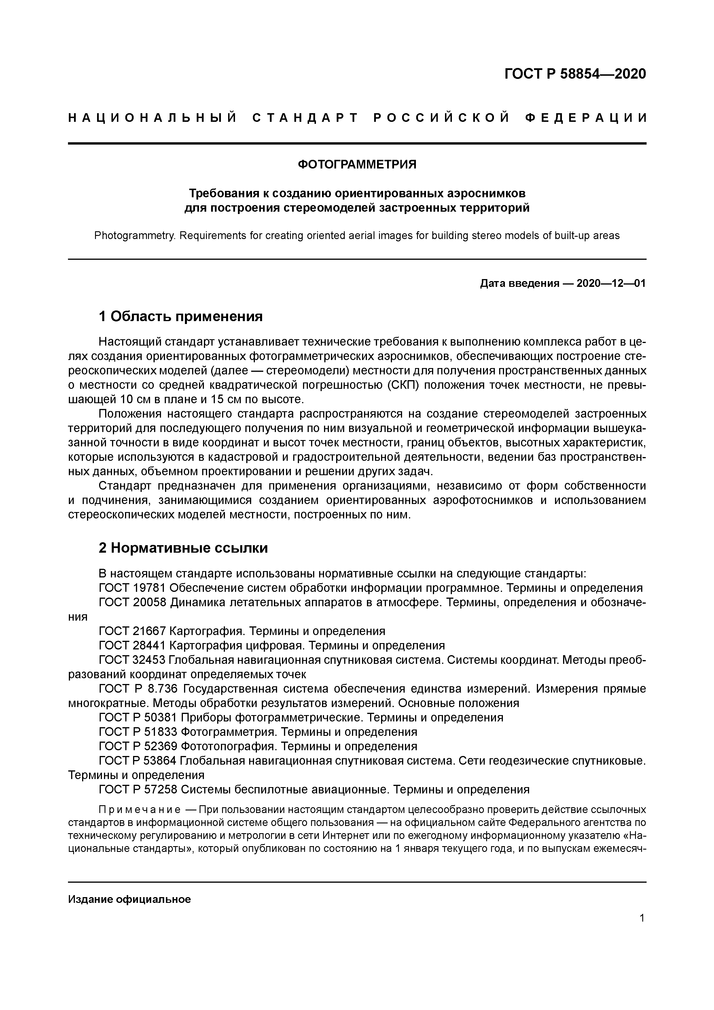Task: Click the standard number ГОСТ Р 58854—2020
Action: pyautogui.click(x=575, y=74)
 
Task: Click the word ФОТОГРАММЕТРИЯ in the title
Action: pyautogui.click(x=357, y=164)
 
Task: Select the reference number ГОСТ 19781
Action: pyautogui.click(x=132, y=588)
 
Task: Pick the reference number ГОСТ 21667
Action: pyautogui.click(x=132, y=631)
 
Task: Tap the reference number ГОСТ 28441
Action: pyautogui.click(x=132, y=646)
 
